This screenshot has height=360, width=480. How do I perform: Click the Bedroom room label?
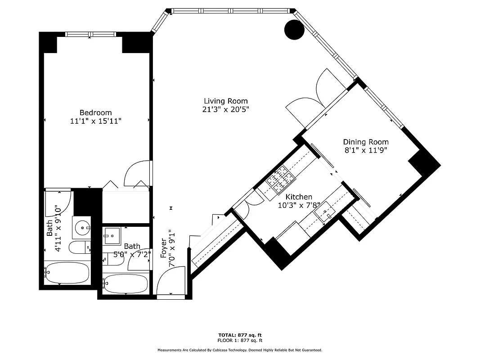tap(95, 112)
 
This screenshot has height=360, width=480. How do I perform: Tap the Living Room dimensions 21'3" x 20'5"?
tap(225, 109)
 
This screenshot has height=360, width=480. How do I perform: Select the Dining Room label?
tap(366, 142)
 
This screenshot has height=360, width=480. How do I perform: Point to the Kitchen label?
tap(299, 197)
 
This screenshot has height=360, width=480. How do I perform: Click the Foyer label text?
tap(164, 248)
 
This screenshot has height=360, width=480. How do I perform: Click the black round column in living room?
tap(295, 29)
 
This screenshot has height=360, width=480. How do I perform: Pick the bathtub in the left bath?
tap(67, 274)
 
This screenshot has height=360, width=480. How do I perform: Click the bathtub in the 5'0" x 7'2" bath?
tap(125, 283)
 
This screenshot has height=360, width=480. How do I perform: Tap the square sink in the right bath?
tap(111, 236)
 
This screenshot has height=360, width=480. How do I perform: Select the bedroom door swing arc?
tap(138, 172)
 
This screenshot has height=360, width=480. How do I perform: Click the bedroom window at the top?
tap(90, 34)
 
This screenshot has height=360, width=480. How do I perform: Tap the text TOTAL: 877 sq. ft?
tap(240, 335)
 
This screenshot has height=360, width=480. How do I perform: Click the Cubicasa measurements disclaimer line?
tap(240, 350)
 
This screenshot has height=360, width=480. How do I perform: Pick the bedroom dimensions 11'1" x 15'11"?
tap(95, 121)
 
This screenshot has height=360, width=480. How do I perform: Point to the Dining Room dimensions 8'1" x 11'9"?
tap(366, 150)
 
